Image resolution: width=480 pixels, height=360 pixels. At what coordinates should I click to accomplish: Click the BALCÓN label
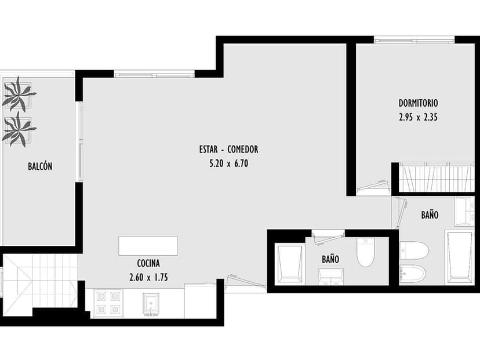[40, 166]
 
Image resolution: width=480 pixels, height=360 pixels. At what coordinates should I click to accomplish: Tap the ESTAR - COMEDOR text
[228, 150]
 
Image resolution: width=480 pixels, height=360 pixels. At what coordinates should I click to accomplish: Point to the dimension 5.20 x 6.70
[228, 163]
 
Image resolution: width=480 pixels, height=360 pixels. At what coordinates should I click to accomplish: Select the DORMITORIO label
[418, 103]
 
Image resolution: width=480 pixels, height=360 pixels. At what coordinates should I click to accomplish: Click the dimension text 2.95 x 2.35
[418, 117]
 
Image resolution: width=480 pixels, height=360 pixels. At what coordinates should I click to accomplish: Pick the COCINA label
[148, 263]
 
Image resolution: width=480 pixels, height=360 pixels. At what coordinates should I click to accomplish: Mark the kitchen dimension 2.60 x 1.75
[148, 277]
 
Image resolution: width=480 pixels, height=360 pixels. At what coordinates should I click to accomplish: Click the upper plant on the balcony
[19, 94]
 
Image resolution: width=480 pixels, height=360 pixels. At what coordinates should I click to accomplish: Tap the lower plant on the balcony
[19, 129]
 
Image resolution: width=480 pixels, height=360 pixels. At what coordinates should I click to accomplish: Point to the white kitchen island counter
[148, 246]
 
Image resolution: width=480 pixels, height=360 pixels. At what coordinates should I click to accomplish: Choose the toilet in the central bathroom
[366, 252]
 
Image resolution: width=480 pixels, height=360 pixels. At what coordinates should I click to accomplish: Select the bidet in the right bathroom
[413, 272]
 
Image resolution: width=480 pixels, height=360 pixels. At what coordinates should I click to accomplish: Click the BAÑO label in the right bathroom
[429, 214]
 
